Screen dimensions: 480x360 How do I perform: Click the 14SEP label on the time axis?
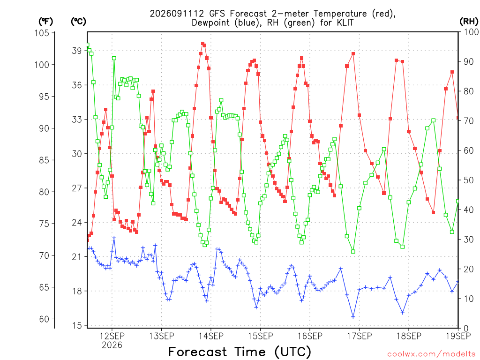pyautogui.click(x=211, y=336)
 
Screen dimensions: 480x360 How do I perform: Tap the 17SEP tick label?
pyautogui.click(x=360, y=336)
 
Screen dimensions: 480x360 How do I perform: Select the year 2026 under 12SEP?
pyautogui.click(x=112, y=345)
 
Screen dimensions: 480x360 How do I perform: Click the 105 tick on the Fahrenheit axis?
pyautogui.click(x=42, y=33)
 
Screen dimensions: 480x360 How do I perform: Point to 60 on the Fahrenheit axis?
pyautogui.click(x=45, y=319)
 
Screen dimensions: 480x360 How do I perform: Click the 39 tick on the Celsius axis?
pyautogui.click(x=77, y=51)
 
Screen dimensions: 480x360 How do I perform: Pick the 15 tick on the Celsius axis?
pyautogui.click(x=77, y=325)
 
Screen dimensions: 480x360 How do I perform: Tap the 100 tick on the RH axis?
pyautogui.click(x=471, y=32)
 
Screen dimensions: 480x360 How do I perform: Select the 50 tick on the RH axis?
pyautogui.click(x=469, y=180)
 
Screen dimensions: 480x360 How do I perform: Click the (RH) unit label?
pyautogui.click(x=469, y=21)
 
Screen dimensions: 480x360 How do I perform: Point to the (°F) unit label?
pyautogui.click(x=45, y=22)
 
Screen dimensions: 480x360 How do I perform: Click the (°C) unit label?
pyautogui.click(x=78, y=22)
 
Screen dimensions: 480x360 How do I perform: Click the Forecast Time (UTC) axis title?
pyautogui.click(x=240, y=352)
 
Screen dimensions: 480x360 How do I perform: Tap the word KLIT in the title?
pyautogui.click(x=345, y=22)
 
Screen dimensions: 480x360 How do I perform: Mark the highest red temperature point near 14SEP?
pyautogui.click(x=202, y=44)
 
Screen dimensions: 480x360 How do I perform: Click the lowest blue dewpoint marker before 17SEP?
pyautogui.click(x=353, y=317)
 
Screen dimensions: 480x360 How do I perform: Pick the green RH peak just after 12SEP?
pyautogui.click(x=114, y=58)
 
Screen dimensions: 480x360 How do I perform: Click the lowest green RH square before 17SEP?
pyautogui.click(x=353, y=252)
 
